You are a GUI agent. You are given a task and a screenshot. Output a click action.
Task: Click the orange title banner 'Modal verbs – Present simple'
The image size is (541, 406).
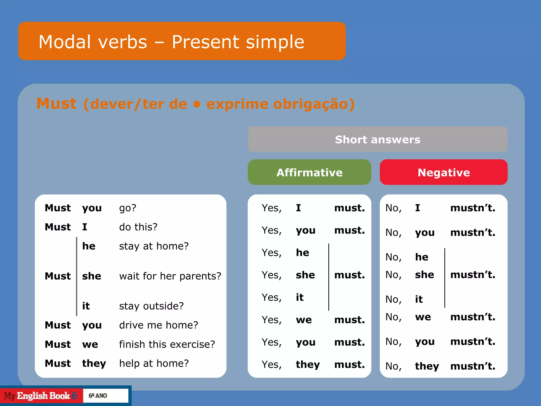point(182,41)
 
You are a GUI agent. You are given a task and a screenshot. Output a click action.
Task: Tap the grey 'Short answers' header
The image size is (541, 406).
point(377,139)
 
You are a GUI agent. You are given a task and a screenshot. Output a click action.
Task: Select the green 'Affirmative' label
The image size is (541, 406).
point(309,172)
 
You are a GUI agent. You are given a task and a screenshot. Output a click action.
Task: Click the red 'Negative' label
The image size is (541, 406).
point(444,172)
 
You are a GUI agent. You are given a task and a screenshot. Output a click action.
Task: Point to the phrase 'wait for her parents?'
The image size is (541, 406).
point(170,276)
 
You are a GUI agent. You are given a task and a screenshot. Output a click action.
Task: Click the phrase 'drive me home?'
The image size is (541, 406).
point(158,325)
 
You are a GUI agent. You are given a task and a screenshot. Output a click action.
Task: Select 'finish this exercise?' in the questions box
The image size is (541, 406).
point(167,344)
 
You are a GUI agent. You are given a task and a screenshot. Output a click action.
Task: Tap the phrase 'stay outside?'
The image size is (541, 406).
point(151,306)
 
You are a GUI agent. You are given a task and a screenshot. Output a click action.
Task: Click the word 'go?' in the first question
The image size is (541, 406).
point(128,208)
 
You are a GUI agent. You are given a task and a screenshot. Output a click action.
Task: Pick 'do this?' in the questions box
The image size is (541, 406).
point(138,227)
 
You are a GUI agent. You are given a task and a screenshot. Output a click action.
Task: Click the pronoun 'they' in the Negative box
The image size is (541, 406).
point(427,366)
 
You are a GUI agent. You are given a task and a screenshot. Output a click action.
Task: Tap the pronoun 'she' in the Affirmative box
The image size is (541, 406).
point(305,275)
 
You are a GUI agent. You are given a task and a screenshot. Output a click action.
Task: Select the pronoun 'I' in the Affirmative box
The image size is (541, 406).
point(299,208)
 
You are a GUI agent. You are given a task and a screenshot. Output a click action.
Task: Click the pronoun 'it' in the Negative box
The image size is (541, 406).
point(419,299)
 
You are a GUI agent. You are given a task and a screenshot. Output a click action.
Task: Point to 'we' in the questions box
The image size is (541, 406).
point(90,344)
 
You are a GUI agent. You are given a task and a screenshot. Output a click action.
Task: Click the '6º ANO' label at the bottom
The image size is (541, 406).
point(98,396)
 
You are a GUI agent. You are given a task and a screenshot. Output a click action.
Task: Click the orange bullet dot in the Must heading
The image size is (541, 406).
point(197,104)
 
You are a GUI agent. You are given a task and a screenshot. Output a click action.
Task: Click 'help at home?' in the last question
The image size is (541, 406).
point(154,363)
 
